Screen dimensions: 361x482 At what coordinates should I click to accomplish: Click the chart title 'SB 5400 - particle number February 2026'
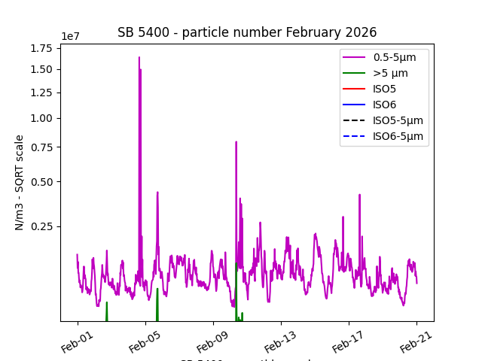click(247, 32)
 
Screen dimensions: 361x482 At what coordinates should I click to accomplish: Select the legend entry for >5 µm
click(390, 73)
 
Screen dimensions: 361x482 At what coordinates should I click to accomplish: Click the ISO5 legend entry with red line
click(384, 89)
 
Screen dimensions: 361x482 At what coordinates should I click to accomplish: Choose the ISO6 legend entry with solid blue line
click(384, 105)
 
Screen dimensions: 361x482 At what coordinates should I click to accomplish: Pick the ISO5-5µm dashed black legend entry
click(398, 120)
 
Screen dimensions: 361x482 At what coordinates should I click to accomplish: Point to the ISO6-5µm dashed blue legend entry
click(398, 136)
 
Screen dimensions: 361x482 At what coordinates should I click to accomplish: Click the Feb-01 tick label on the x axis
click(76, 338)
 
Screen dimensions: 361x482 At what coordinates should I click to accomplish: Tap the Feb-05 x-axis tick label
click(144, 338)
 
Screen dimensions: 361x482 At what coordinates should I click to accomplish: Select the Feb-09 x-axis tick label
click(212, 338)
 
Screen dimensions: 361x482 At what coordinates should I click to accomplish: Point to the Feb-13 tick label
click(279, 338)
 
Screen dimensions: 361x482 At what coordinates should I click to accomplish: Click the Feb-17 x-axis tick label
click(347, 338)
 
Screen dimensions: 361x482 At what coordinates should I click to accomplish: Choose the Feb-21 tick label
click(415, 338)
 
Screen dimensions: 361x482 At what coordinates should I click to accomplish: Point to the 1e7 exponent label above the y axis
click(70, 37)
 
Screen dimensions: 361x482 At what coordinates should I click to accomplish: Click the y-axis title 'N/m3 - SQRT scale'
click(20, 182)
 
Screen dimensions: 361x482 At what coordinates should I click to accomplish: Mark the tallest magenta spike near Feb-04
click(139, 58)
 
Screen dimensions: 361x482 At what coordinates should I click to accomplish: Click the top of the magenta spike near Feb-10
click(236, 142)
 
